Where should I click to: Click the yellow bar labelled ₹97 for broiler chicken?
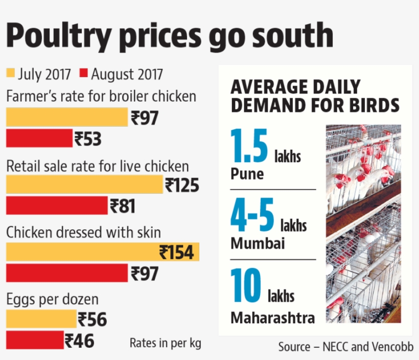[x=66, y=117]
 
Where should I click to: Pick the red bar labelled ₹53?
[x=39, y=138]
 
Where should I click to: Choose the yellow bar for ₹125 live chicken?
[x=84, y=184]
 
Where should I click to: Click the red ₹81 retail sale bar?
[x=57, y=205]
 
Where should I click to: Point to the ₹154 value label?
[x=176, y=252]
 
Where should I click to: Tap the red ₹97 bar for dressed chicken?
[x=66, y=273]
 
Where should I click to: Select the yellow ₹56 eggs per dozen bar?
[x=41, y=319]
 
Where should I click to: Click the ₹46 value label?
[x=79, y=341]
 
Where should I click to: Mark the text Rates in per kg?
[x=165, y=343]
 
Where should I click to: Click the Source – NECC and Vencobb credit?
[x=345, y=347]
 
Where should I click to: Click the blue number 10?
[x=246, y=286]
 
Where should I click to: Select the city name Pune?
[x=247, y=174]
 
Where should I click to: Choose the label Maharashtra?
[x=272, y=318]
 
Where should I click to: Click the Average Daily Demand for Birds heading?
[x=314, y=95]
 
